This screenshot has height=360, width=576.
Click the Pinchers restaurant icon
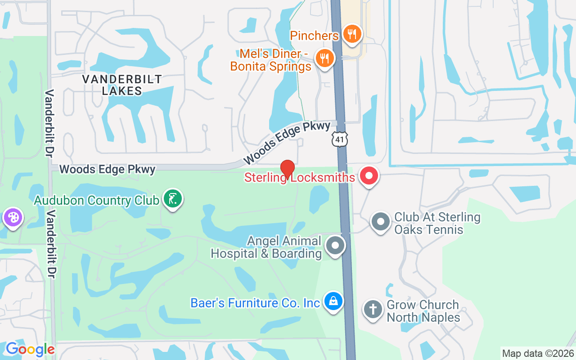[352, 34]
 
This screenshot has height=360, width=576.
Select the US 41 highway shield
[340, 139]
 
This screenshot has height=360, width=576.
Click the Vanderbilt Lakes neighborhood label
[122, 85]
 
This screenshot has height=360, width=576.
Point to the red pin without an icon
[288, 169]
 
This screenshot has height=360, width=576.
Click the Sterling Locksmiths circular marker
[369, 175]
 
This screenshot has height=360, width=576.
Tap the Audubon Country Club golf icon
[172, 198]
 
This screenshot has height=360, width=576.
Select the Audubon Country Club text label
[97, 200]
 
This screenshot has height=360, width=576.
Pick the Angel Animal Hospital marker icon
[335, 246]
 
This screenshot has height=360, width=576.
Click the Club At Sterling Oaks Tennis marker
[381, 221]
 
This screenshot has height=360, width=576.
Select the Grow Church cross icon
[373, 310]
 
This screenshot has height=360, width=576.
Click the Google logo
[30, 349]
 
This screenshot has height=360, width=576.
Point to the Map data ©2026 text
[538, 353]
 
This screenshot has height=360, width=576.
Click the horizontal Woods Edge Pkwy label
[107, 169]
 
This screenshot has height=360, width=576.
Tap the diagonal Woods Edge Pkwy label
[287, 142]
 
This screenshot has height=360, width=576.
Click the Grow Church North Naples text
[423, 311]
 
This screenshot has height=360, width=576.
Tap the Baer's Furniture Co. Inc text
[255, 303]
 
